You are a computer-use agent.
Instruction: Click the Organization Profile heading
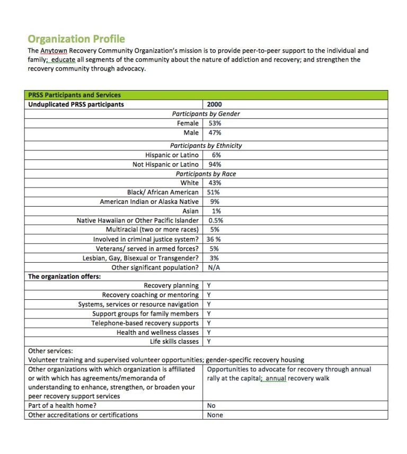pos(76,39)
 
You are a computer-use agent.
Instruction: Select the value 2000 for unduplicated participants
pos(215,104)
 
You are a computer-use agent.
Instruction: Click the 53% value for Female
pos(215,123)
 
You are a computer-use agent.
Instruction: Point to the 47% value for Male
pos(215,133)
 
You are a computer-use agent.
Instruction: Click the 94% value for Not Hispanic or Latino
pos(216,165)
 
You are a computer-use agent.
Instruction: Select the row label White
pos(189,183)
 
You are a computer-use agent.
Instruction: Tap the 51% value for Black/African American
pos(214,192)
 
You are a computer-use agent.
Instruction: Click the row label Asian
pos(190,211)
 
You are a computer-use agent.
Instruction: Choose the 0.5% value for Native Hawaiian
pos(216,220)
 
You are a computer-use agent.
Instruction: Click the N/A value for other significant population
pos(214,268)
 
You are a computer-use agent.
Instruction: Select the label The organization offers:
pos(64,277)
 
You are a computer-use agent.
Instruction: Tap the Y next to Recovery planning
pos(209,286)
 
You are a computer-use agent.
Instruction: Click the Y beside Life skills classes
pos(209,342)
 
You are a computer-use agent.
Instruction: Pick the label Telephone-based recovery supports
pos(145,323)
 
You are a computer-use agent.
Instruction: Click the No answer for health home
pos(211,406)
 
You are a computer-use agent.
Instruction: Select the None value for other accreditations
pos(215,415)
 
